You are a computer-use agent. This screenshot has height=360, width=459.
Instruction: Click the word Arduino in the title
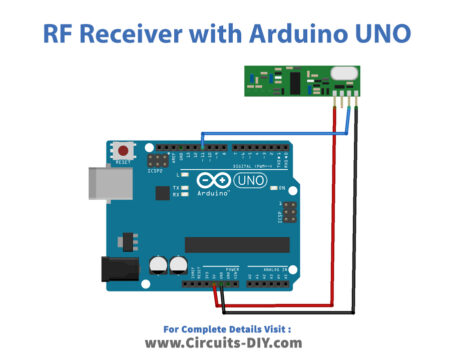tap(305, 34)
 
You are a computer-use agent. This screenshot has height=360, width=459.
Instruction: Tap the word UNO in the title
tap(384, 34)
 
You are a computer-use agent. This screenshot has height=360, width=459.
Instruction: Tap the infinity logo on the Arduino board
tap(211, 180)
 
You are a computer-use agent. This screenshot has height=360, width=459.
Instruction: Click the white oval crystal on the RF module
tap(343, 71)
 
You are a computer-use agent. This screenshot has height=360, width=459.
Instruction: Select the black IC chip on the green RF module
tap(300, 75)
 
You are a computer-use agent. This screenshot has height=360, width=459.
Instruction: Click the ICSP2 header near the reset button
tap(158, 161)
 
